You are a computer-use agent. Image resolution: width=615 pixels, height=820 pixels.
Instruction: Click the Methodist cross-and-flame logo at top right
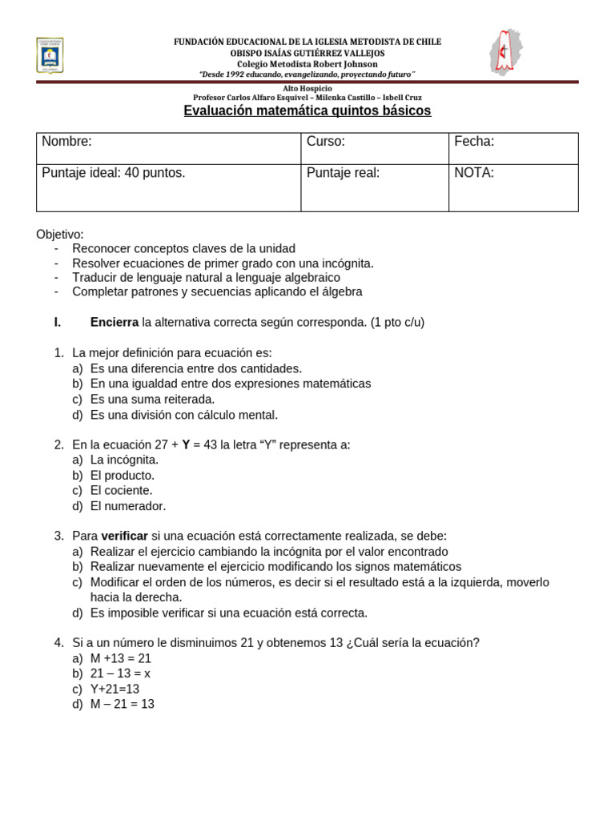[x=504, y=52]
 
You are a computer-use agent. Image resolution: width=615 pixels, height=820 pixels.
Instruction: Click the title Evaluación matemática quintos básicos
[x=307, y=111]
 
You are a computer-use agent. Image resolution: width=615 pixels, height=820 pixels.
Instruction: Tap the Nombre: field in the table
[x=67, y=142]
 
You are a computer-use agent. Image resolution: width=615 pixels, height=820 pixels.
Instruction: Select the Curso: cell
[x=326, y=142]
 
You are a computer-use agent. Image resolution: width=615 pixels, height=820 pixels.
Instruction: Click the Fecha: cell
[x=474, y=142]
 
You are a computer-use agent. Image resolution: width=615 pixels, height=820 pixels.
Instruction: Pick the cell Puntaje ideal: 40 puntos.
[x=114, y=173]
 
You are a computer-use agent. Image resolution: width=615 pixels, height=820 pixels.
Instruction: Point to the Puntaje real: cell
[x=343, y=173]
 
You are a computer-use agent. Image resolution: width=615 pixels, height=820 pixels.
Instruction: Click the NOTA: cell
[x=474, y=173]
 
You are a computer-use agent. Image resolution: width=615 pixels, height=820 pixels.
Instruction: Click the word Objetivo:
[x=60, y=234]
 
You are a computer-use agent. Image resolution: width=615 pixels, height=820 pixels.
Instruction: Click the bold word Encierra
[x=115, y=323]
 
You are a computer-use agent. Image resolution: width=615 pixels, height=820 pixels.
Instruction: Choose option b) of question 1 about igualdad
[x=231, y=384]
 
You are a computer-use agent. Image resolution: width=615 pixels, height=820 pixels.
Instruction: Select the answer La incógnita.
[x=124, y=460]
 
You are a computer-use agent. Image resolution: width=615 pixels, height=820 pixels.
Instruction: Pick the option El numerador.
[x=128, y=506]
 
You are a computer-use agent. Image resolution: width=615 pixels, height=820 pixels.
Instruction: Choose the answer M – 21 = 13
[x=123, y=704]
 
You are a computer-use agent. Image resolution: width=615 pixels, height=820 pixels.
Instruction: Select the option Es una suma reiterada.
[x=152, y=399]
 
